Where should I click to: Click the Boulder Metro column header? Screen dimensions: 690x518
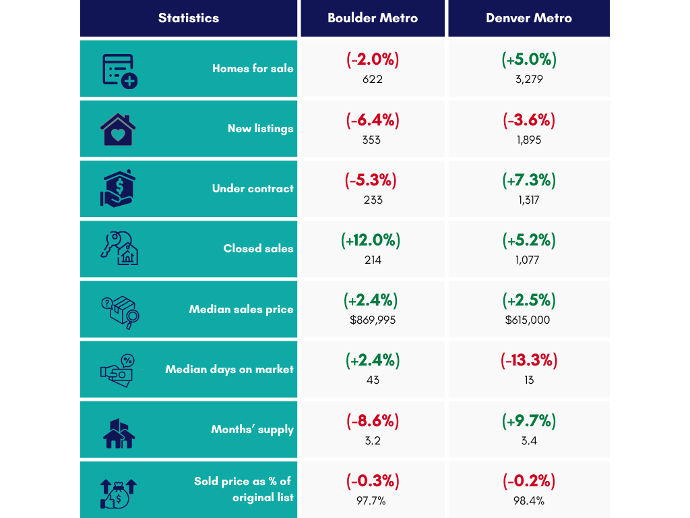[372, 18]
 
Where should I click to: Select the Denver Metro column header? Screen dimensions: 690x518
[528, 18]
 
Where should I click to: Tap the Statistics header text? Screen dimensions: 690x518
[189, 18]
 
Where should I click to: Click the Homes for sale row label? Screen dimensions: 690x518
[253, 68]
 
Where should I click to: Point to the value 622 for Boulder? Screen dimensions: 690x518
[372, 80]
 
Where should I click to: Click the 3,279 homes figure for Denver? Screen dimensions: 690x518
[529, 80]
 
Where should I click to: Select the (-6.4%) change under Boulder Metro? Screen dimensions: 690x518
[372, 120]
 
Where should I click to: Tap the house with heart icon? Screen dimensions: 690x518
[118, 129]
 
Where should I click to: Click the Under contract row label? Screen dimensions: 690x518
[253, 189]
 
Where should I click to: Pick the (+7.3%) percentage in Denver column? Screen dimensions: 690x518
[529, 180]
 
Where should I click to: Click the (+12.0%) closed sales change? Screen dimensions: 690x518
[371, 240]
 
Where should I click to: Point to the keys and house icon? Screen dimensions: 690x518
[119, 248]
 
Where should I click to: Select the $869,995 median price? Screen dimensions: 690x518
[372, 320]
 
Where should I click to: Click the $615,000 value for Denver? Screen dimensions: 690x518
[528, 320]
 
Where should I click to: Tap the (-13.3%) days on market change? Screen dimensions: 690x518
[529, 360]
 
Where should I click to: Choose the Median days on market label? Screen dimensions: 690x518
[229, 369]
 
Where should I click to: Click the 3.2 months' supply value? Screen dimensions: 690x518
[372, 440]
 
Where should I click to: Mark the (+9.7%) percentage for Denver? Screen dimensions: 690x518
[529, 421]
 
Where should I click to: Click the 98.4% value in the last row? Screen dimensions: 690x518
[528, 501]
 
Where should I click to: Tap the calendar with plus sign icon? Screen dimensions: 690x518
[120, 71]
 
